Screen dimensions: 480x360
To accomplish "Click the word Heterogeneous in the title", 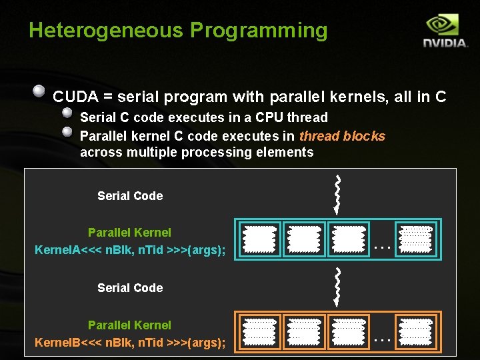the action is point(106,31).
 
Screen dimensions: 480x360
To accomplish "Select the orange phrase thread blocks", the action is point(342,136).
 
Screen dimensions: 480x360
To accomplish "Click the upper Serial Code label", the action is point(130,196).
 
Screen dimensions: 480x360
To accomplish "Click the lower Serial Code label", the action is point(130,288).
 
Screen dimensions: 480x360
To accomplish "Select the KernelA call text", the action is point(130,250).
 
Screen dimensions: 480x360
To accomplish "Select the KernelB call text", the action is point(130,343).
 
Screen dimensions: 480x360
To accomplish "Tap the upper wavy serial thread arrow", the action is point(339,193).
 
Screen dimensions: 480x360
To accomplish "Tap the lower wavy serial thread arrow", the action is point(339,285).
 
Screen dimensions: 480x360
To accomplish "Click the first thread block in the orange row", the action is point(259,331).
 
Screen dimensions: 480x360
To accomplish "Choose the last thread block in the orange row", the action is point(415,331).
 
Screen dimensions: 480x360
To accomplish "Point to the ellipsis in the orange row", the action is point(381,339).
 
